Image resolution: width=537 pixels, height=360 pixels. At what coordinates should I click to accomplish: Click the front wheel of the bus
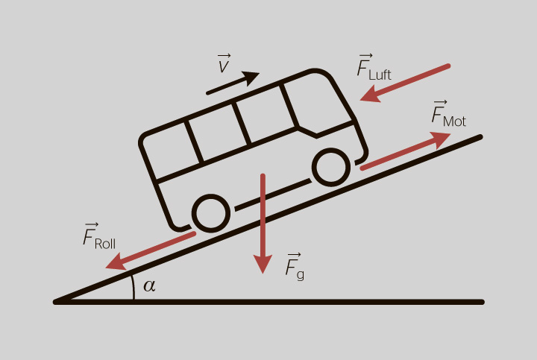pyautogui.click(x=331, y=167)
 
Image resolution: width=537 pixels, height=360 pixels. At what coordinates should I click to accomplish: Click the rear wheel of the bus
pyautogui.click(x=210, y=213)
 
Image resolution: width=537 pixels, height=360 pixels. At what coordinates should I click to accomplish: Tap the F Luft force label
pyautogui.click(x=374, y=67)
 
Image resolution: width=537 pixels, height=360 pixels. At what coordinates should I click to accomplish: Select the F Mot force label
pyautogui.click(x=449, y=113)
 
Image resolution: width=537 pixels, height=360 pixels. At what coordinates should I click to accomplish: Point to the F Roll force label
pyautogui.click(x=99, y=236)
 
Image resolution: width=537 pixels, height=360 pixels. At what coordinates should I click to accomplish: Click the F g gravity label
pyautogui.click(x=295, y=267)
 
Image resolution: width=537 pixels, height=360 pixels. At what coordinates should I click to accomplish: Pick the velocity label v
pyautogui.click(x=224, y=63)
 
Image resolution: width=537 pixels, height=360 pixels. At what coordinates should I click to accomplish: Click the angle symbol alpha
pyautogui.click(x=149, y=285)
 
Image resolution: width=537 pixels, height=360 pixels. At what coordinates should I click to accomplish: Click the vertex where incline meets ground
pyautogui.click(x=56, y=302)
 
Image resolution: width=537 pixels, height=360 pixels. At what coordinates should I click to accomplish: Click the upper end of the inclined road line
pyautogui.click(x=480, y=137)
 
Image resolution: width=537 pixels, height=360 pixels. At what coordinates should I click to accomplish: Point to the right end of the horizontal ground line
pyautogui.click(x=482, y=302)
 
